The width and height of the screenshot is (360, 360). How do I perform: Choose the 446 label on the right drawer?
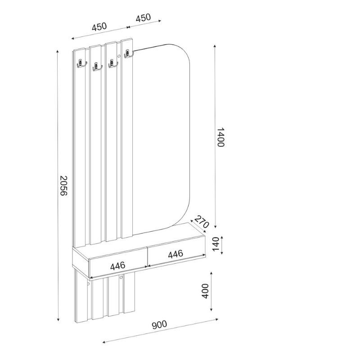[175, 254]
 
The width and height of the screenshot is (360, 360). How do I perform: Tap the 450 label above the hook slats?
[99, 27]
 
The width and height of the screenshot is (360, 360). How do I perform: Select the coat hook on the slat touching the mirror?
[128, 54]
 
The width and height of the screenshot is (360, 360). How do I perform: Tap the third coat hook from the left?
[112, 64]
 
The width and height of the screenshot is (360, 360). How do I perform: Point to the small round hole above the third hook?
[118, 56]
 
